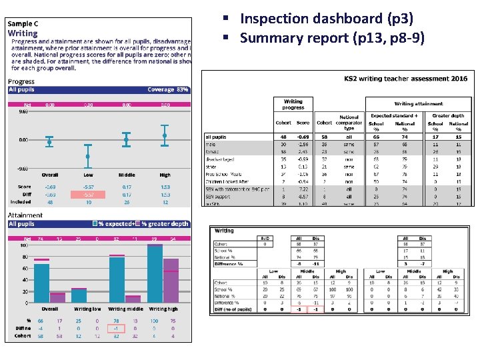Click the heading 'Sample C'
pos(23,24)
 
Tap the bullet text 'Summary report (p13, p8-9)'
pos(331,38)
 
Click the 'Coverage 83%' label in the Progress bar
pos(169,90)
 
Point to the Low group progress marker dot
pos(88,157)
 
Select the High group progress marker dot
pos(165,135)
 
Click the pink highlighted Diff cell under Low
pos(88,195)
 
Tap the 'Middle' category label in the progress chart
pos(126,175)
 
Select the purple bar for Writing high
pos(171,280)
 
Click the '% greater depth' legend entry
pos(164,224)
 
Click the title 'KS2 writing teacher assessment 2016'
pos(405,79)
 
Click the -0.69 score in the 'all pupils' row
pos(303,137)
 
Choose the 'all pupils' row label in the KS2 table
pos(217,137)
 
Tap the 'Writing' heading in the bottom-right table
pos(224,231)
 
